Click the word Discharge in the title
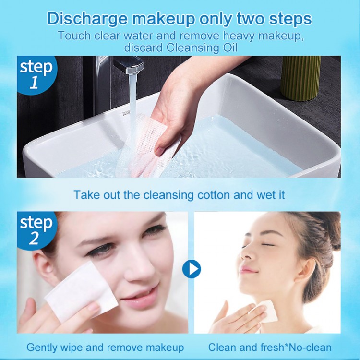[87, 19]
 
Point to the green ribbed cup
[300, 78]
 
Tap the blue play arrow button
[192, 269]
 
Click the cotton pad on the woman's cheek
[82, 292]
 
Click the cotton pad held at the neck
[264, 312]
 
